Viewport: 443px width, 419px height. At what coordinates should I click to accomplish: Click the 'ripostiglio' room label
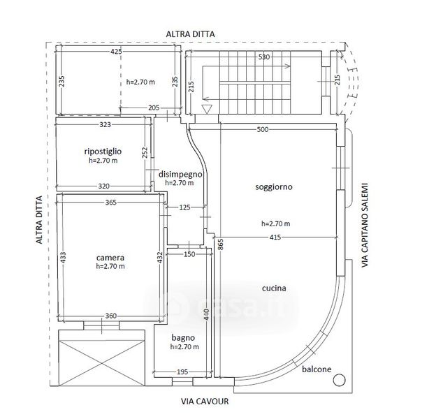pos(103,152)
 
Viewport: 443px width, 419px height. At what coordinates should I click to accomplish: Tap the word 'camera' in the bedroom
pos(110,258)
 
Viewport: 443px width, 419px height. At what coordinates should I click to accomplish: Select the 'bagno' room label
pos(183,338)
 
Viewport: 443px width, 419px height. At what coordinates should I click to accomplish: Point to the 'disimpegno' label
pos(180,174)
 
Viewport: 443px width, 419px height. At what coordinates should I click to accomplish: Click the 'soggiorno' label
pos(274,187)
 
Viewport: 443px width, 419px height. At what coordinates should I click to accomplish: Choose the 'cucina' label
pos(274,288)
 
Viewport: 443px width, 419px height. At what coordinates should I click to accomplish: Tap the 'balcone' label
pos(317,369)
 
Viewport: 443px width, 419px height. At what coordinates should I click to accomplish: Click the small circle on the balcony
pos(339,380)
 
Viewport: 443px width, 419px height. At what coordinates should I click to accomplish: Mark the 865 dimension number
pos(221,244)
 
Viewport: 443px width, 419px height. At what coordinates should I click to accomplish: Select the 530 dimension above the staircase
pos(264,57)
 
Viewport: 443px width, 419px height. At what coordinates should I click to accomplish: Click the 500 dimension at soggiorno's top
pos(263,130)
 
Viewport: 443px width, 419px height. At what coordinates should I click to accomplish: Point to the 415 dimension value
pos(275,237)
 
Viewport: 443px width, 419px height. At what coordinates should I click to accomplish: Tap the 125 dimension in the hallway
pos(184,207)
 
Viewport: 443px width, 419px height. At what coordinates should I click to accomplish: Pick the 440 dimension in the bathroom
pos(207,314)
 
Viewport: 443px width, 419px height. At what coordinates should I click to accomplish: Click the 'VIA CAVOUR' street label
pos(205,402)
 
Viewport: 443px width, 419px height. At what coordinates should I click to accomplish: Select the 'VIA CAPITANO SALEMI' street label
pos(365,225)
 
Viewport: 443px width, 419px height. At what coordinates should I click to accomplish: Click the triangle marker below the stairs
pos(207,109)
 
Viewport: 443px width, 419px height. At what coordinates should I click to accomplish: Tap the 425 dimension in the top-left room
pos(116,52)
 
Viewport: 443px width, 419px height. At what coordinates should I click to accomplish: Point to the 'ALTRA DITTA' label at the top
pos(190,34)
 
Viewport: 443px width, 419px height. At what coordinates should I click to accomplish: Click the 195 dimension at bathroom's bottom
pos(182,372)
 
